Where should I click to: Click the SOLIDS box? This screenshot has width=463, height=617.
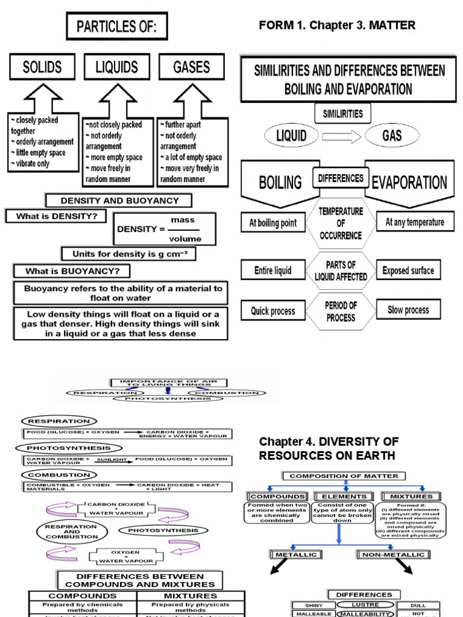click(x=42, y=67)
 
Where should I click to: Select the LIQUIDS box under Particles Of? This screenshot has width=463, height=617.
click(x=117, y=67)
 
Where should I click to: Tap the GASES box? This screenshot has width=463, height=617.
click(x=191, y=67)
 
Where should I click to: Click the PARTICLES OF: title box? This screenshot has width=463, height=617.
click(x=116, y=28)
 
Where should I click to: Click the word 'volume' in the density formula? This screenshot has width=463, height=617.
click(x=186, y=239)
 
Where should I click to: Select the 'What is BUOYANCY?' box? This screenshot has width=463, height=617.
click(x=72, y=271)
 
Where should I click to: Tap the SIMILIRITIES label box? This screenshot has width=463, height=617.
click(x=342, y=113)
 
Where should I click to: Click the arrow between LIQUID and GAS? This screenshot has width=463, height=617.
click(x=341, y=136)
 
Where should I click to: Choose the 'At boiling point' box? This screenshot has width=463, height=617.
click(x=273, y=223)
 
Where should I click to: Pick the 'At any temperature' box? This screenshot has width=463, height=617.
click(x=415, y=222)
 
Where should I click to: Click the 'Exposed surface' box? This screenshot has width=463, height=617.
click(x=408, y=271)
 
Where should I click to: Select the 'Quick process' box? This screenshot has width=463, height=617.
click(x=273, y=311)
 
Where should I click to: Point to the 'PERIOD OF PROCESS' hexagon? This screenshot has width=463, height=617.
click(x=341, y=311)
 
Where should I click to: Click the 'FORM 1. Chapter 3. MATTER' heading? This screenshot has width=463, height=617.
click(x=337, y=25)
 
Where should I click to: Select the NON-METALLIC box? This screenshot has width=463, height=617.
click(x=392, y=554)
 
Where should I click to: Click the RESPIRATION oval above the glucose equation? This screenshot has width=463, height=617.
click(x=58, y=421)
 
